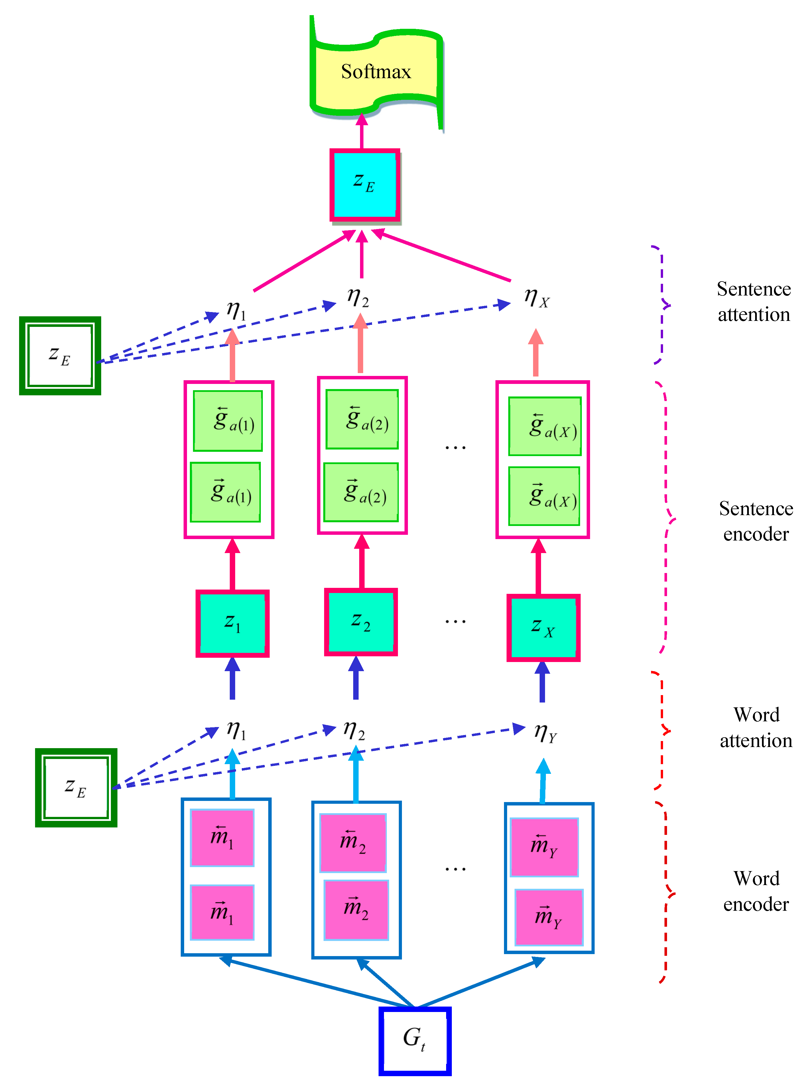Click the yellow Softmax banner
click(376, 72)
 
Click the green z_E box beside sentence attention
click(60, 356)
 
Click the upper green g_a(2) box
click(362, 419)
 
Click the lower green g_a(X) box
click(544, 496)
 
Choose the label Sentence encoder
click(756, 521)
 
